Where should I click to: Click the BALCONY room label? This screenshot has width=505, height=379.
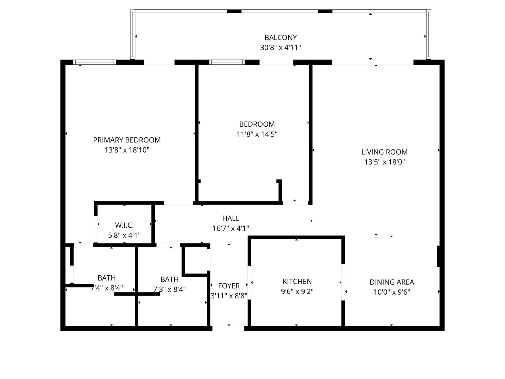coord(280,38)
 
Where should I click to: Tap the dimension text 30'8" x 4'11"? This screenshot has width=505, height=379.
coord(280,48)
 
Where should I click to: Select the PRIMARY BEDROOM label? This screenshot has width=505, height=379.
coord(127,140)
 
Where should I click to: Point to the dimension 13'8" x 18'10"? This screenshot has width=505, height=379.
coord(127,150)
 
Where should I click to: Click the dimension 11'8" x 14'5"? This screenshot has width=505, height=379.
coord(257,134)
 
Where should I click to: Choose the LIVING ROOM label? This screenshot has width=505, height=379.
coord(384,152)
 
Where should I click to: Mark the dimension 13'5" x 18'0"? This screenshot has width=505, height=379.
coord(384,162)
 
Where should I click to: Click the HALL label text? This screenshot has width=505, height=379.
coord(231,218)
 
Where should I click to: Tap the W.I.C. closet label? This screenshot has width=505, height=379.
coord(124,225)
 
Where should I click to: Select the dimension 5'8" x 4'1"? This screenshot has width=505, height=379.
coord(124,235)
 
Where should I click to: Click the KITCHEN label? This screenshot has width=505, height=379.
coord(297,282)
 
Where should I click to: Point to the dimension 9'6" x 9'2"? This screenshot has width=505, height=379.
coord(297,292)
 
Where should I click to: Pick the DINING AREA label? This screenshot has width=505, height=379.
coord(392,282)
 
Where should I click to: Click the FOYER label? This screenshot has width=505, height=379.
coord(229,286)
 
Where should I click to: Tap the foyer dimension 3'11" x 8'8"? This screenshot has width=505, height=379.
coord(229,296)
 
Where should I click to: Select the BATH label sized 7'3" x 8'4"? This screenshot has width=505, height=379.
coord(169,279)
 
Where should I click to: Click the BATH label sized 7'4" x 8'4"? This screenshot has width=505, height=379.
coord(107,278)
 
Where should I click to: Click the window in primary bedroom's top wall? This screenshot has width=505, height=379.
coord(94,62)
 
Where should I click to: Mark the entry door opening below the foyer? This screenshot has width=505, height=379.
coord(228,328)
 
